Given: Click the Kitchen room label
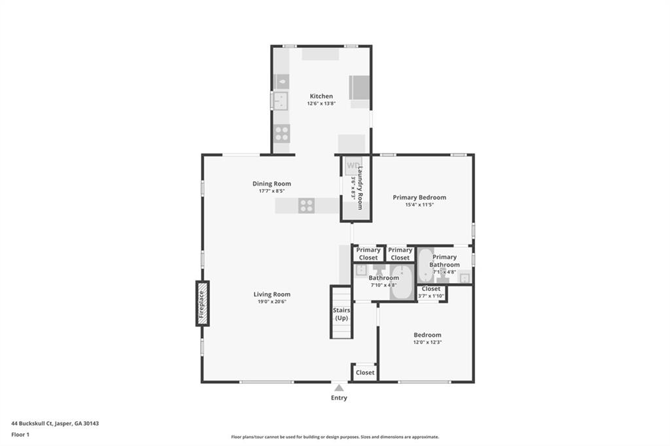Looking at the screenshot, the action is tap(321, 96).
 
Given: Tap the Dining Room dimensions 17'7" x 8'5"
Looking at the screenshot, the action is tap(272, 191).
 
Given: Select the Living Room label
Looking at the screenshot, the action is tap(272, 294).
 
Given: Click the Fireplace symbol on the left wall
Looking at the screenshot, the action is tap(203, 303).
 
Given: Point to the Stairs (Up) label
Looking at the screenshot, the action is tap(342, 314).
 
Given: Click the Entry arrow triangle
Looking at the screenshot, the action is tap(339, 388).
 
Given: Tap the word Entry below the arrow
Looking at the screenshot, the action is tap(339, 398).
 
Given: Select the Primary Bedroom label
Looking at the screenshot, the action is tap(419, 197).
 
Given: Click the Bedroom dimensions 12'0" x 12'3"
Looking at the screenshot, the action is tap(427, 342).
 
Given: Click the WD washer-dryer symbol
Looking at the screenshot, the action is tap(353, 165).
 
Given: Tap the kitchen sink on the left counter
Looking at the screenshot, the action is tap(281, 101).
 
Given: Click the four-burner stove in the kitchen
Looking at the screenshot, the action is tap(282, 133).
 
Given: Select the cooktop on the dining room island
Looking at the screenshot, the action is tap(307, 205).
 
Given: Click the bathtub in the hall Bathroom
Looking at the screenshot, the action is tap(402, 282).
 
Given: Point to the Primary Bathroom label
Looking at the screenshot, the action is tap(444, 260).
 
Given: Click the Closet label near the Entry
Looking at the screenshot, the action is tap(365, 373).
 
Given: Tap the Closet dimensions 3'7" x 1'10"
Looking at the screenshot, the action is tap(431, 296).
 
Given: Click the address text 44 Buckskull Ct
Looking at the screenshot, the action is tap(32, 424).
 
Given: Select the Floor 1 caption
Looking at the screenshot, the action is tap(20, 435).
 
